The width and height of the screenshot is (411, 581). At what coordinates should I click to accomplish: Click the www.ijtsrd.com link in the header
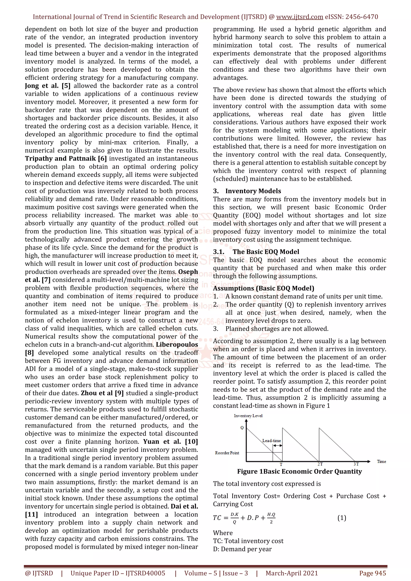click(x=299, y=17)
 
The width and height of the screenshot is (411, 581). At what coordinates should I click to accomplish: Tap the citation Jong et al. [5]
click(x=48, y=86)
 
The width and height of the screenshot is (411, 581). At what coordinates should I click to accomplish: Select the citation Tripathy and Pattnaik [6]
click(x=66, y=159)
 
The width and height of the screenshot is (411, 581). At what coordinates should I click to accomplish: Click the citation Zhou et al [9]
click(x=102, y=393)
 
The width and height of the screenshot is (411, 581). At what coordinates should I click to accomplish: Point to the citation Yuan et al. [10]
click(x=170, y=442)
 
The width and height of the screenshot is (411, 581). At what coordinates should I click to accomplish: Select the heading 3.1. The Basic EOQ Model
click(x=256, y=252)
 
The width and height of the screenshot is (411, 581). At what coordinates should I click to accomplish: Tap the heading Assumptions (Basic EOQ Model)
click(x=263, y=288)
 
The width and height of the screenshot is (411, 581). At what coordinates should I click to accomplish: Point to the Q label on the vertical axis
click(x=242, y=427)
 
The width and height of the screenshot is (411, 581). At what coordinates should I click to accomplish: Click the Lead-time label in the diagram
click(x=272, y=440)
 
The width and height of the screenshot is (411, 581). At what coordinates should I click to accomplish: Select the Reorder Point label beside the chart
click(x=227, y=453)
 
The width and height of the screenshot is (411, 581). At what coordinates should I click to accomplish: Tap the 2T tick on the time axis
click(x=320, y=464)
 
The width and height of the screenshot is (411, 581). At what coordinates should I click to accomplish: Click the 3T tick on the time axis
click(x=356, y=464)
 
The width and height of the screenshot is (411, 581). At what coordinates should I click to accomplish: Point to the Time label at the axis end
click(x=381, y=461)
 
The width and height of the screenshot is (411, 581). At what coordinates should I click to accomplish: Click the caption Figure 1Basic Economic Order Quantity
click(x=299, y=471)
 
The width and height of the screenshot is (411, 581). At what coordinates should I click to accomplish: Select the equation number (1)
click(x=342, y=518)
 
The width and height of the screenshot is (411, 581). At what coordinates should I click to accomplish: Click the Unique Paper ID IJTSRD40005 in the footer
click(x=118, y=573)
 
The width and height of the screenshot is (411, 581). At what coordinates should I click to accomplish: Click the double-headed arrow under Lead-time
click(x=278, y=446)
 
